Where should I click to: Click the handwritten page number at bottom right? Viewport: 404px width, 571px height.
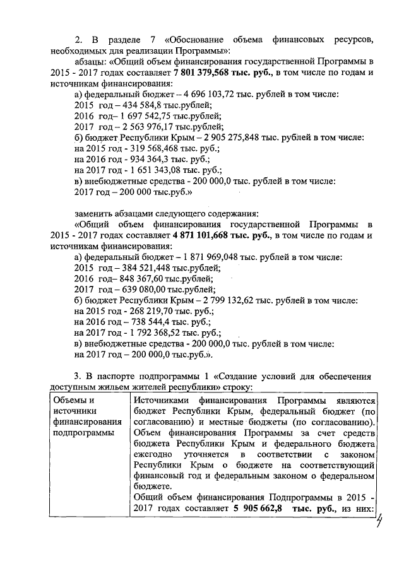[x=379, y=521]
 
